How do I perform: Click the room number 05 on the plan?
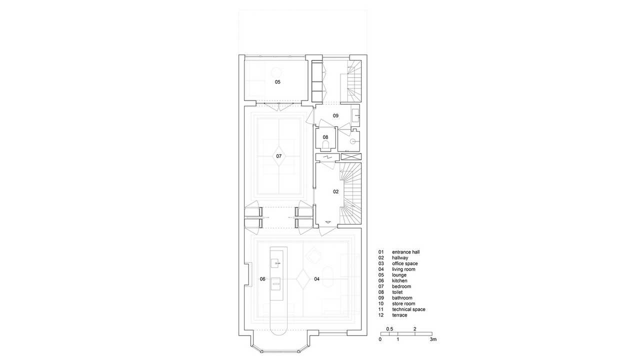coord(277,82)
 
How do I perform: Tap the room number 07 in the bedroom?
coord(278,156)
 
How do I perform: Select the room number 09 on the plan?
coord(335,115)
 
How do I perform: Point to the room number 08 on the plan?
coord(325,137)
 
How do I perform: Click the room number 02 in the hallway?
coord(335,191)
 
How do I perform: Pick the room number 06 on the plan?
coord(262,279)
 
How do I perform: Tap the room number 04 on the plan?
coord(317,279)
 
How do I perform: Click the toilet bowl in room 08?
coord(325,146)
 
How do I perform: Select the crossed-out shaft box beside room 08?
coord(351,156)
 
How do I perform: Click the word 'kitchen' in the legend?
coord(399,280)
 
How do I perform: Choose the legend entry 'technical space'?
coord(408,309)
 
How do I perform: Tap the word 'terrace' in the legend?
coord(399,315)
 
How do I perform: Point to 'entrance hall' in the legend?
coord(405,252)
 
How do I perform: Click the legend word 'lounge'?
coord(399,275)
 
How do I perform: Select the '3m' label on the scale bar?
coord(433,339)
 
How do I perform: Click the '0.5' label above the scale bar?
coord(389,329)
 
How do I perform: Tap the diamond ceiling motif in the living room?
coord(303,279)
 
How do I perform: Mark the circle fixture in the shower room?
coord(353,141)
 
